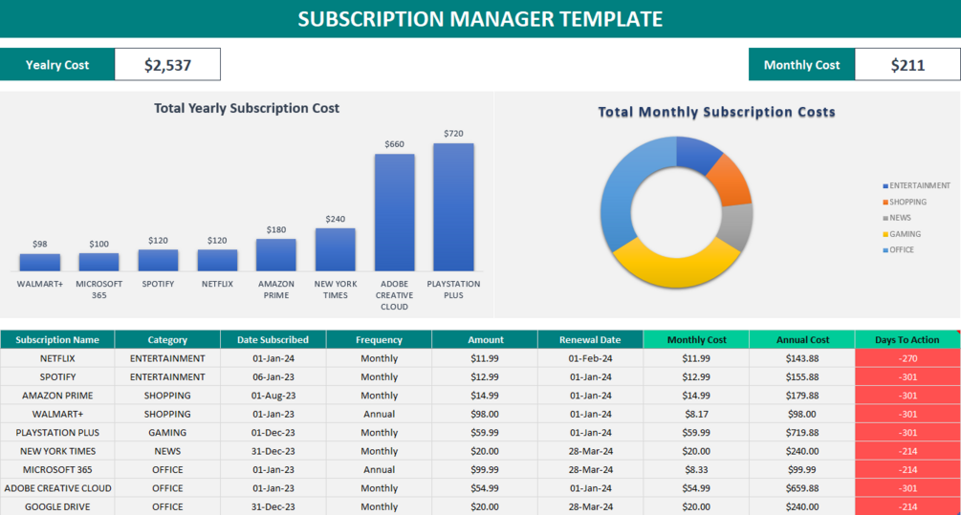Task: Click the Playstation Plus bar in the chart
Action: [x=453, y=206]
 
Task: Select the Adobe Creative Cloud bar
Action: [x=394, y=212]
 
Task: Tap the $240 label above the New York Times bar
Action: [x=335, y=219]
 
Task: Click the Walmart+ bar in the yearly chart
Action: [x=40, y=262]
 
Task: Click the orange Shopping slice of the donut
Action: [x=732, y=181]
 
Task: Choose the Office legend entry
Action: [x=901, y=250]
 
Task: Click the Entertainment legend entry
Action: [x=919, y=185]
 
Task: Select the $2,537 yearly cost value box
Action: [x=167, y=65]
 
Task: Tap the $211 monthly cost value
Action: [x=907, y=65]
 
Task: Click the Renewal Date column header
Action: [x=590, y=339]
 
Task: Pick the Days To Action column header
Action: [x=907, y=339]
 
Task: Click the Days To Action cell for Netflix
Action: [x=907, y=358]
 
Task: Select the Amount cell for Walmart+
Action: [x=484, y=414]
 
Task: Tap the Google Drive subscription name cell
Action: [x=57, y=506]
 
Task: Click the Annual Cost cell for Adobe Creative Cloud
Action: [x=801, y=488]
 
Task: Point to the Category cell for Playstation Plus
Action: [x=167, y=432]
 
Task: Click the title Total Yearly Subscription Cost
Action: [x=247, y=108]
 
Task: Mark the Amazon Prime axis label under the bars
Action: [x=276, y=290]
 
